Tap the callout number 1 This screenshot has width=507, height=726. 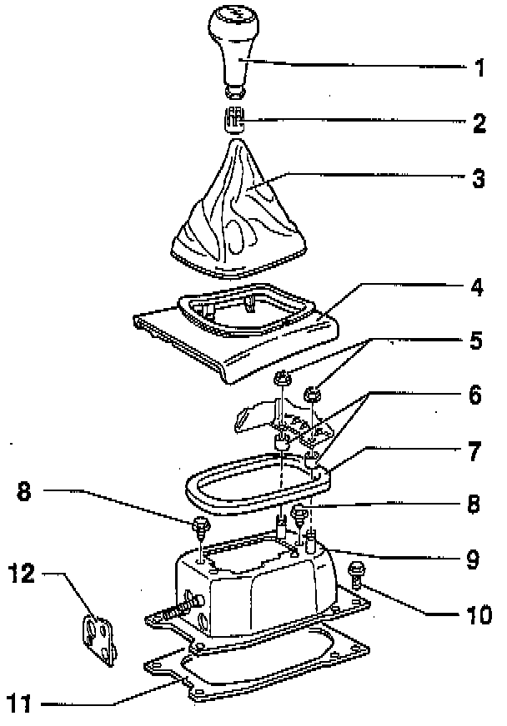tap(479, 68)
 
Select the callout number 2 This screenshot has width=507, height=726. tap(479, 125)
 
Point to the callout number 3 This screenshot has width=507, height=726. tap(479, 179)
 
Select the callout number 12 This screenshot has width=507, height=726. tap(23, 574)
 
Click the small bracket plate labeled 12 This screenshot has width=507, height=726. tap(100, 638)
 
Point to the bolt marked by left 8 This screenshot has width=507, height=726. tap(200, 526)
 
